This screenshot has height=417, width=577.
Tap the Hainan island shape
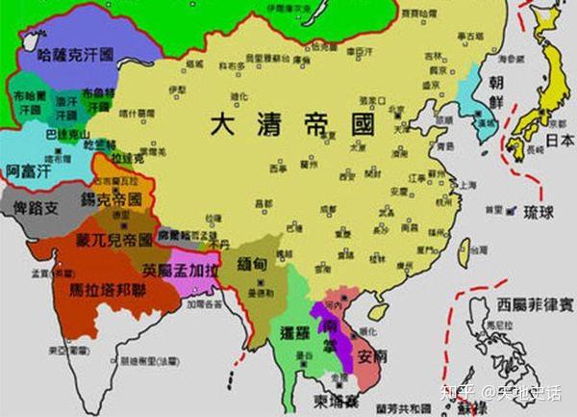[378, 311]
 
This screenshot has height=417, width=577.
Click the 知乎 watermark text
[455, 393]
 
